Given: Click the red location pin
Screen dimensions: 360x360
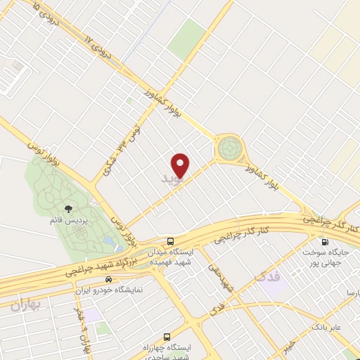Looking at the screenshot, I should pos(181,165).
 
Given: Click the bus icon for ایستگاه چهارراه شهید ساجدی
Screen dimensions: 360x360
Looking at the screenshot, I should pos(167,337).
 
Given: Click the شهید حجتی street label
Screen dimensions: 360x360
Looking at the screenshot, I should pos(219,277).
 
